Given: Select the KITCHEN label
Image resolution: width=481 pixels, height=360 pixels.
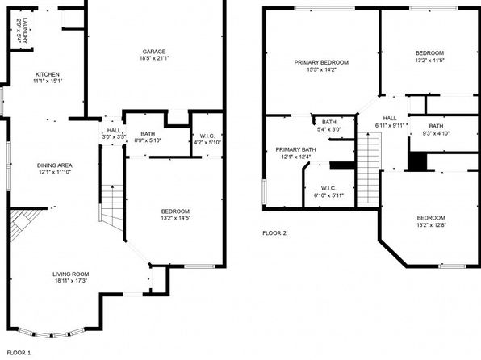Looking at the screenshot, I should pos(47,77).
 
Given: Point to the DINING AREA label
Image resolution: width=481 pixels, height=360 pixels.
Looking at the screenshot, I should pos(55,168).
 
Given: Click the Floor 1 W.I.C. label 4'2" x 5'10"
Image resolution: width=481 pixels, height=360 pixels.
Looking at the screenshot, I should pos(203,139).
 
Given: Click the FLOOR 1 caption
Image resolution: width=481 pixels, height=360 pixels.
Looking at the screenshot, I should pos(18,353).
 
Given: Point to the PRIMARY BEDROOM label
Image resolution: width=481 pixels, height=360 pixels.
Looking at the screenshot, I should pos(320,66).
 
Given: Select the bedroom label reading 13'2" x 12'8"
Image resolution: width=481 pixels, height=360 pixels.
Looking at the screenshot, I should pos(430,220).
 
